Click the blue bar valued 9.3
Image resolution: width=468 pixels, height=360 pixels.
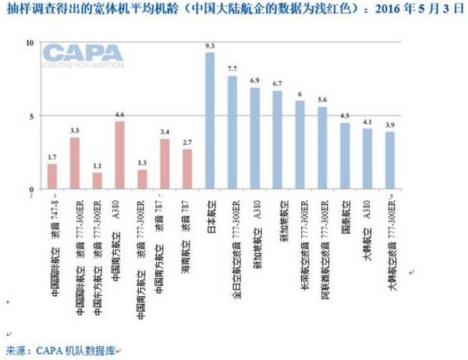[209, 121]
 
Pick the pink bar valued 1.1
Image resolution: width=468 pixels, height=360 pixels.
[97, 181]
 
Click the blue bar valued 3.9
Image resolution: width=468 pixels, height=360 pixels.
[389, 160]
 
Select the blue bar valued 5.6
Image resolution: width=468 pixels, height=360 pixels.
[322, 148]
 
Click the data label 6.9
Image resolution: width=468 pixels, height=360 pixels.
[254, 81]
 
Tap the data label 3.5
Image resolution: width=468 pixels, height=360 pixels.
[74, 130]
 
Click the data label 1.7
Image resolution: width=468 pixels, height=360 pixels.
[52, 157]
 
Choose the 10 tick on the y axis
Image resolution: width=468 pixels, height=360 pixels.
[30, 42]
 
